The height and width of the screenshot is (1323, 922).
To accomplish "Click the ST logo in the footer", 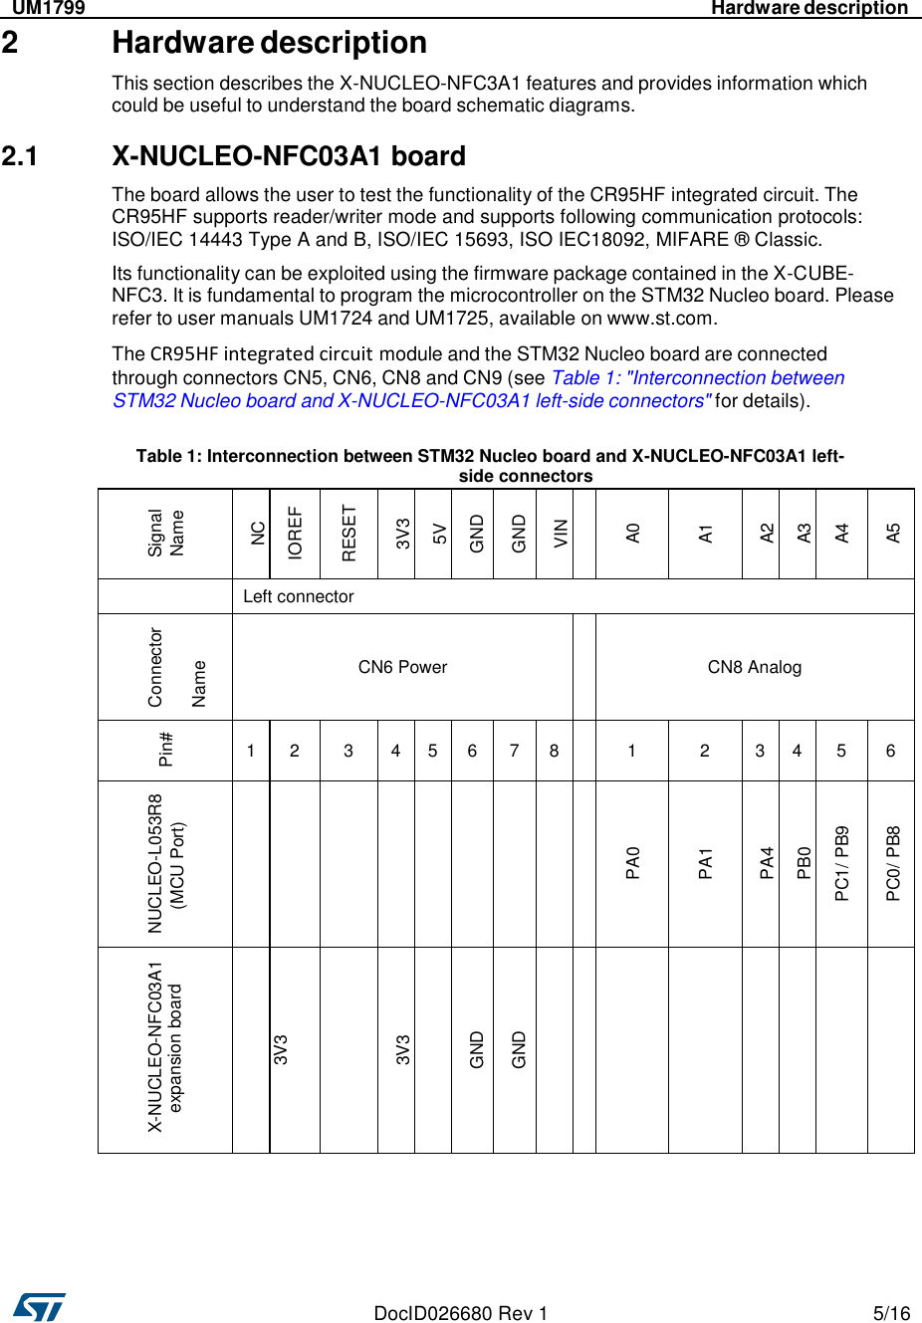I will (x=40, y=1306).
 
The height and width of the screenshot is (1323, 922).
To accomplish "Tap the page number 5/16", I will (x=891, y=1313).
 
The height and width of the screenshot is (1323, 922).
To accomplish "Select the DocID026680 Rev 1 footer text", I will (x=460, y=1313).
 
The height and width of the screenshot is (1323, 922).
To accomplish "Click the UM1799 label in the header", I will (x=48, y=8).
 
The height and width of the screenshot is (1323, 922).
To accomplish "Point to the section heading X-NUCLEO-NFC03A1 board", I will (x=289, y=156).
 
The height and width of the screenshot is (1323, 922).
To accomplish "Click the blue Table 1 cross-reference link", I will (x=478, y=389).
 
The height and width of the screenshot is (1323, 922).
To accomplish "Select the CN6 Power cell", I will (x=402, y=667).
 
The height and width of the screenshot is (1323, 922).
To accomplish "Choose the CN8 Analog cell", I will (x=754, y=667).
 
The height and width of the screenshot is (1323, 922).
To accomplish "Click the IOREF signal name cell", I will (x=295, y=534).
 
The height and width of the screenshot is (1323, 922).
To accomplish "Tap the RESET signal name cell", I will (x=348, y=534).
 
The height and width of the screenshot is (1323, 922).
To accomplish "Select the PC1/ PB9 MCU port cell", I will (x=841, y=863).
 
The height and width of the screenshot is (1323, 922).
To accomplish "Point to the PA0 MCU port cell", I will (x=632, y=863).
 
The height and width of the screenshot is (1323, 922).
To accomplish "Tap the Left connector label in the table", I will (x=299, y=596).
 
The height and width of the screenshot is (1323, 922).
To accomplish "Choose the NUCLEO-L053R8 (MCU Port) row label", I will (x=165, y=863).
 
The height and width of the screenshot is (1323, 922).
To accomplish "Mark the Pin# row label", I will (x=165, y=750).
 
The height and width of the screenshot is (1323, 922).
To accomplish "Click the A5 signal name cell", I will (x=893, y=534).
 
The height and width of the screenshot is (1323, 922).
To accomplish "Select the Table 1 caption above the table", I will (x=490, y=466).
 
